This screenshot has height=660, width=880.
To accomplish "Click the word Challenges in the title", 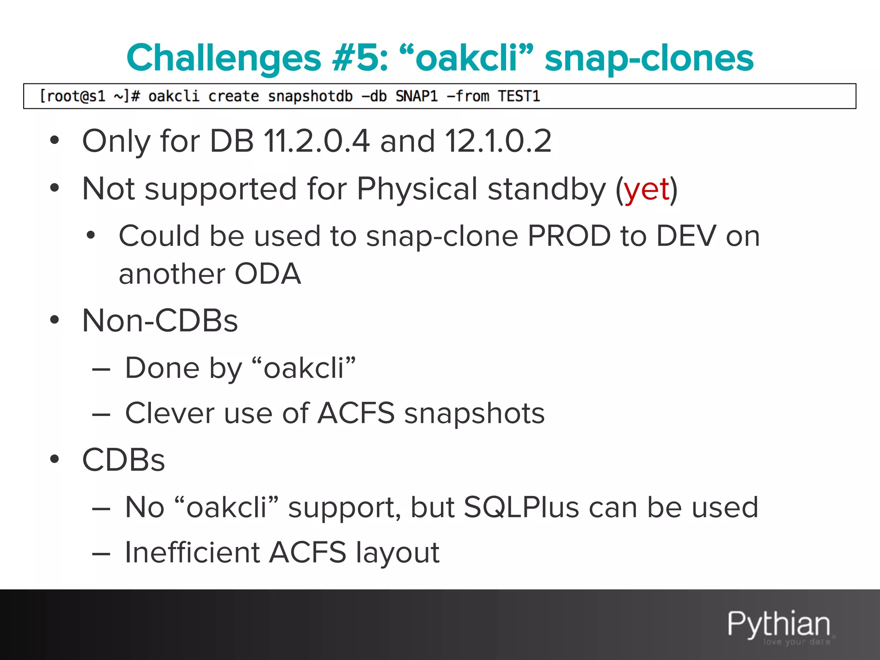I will (223, 58).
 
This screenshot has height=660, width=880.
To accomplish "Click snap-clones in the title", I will (648, 58).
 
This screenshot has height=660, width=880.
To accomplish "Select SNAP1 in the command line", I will (416, 96).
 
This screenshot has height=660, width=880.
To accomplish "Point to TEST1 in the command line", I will (519, 96).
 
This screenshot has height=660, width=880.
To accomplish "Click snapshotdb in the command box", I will (310, 96).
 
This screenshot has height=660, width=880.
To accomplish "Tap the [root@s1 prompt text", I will (72, 96).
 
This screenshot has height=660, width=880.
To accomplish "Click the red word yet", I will (647, 189).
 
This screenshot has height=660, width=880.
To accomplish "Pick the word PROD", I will (568, 236).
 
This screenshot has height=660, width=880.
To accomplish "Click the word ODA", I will (268, 274).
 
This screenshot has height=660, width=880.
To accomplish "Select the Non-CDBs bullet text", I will (160, 321).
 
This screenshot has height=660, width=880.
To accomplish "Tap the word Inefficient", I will (192, 553).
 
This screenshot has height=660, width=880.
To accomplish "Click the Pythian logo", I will (779, 625).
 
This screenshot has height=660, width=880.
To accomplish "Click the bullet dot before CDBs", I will (54, 459).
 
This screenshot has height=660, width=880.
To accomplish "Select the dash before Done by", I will (101, 369).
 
